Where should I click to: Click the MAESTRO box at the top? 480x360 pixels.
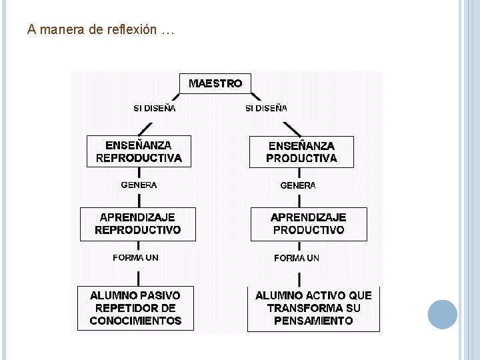[215, 83]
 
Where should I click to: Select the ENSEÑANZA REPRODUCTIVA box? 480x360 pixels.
[139, 151]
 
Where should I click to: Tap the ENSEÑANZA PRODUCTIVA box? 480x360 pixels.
[301, 151]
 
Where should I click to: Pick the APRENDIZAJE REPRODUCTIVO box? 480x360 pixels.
[138, 223]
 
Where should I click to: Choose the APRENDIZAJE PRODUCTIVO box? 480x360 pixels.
[309, 223]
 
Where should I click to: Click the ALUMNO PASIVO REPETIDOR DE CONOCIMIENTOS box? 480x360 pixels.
[135, 307]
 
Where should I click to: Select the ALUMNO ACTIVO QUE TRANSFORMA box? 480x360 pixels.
[313, 307]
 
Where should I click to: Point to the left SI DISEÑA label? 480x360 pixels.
[155, 108]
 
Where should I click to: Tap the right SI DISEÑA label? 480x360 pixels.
[266, 108]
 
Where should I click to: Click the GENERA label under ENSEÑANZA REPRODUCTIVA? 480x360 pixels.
[139, 185]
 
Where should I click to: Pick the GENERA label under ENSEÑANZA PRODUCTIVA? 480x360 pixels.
[298, 185]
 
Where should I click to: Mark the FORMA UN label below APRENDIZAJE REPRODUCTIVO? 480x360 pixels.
[136, 257]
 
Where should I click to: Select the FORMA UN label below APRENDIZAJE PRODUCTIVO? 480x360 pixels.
[297, 258]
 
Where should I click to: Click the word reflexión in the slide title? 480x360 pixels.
[131, 30]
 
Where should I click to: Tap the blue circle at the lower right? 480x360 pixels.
[442, 314]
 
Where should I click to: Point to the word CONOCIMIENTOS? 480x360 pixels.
[135, 321]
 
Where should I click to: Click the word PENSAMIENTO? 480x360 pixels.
[313, 321]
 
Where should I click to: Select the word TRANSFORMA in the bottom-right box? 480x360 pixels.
[305, 308]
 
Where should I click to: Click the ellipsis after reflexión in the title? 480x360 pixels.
[167, 31]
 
